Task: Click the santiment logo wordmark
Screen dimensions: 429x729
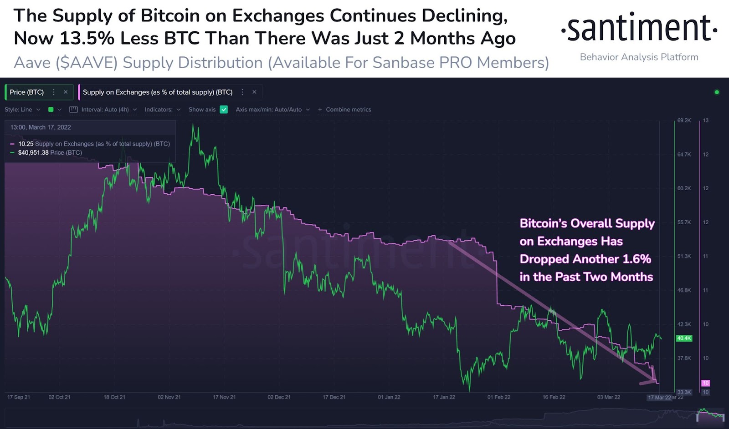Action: coord(639,29)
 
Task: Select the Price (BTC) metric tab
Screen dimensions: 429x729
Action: coord(27,92)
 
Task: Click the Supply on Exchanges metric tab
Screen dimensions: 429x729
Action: coord(157,92)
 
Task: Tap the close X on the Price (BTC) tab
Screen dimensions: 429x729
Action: coord(66,92)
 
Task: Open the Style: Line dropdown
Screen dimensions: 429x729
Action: coord(22,110)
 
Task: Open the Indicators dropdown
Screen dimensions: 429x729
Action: coord(162,110)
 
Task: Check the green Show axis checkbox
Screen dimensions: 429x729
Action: coord(224,110)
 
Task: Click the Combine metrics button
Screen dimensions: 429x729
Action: coord(345,110)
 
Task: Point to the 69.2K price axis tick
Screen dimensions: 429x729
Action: coord(684,121)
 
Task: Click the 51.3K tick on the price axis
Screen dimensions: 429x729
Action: coord(684,257)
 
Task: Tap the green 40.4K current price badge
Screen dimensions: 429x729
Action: coord(684,338)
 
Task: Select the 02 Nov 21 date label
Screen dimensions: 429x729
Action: coord(169,397)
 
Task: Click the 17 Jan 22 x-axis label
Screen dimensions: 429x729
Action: coord(444,397)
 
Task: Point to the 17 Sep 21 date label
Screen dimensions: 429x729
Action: coord(19,397)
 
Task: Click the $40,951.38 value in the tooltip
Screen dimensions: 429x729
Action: coord(33,153)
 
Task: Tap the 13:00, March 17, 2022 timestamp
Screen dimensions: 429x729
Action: coord(41,127)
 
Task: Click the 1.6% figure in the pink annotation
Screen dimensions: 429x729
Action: coord(637,259)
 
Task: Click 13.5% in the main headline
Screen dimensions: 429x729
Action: coord(87,39)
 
